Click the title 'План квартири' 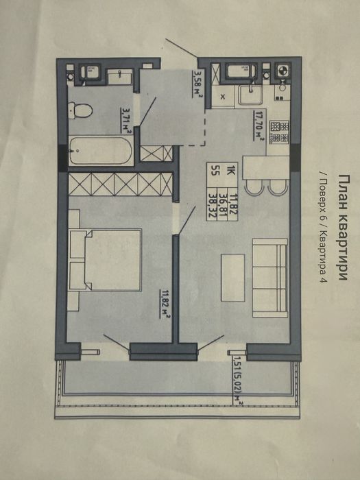point(344,227)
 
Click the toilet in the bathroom point(80,110)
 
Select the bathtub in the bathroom point(101,151)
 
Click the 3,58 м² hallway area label point(197,84)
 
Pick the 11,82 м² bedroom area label point(165,304)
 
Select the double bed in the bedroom point(106,260)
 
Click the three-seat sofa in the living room point(270,278)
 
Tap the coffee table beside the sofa point(233,277)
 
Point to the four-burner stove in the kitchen point(279,132)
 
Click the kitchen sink point(250,95)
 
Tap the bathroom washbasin point(119,76)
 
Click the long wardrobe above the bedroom point(120,184)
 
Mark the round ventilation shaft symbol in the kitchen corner point(282,71)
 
